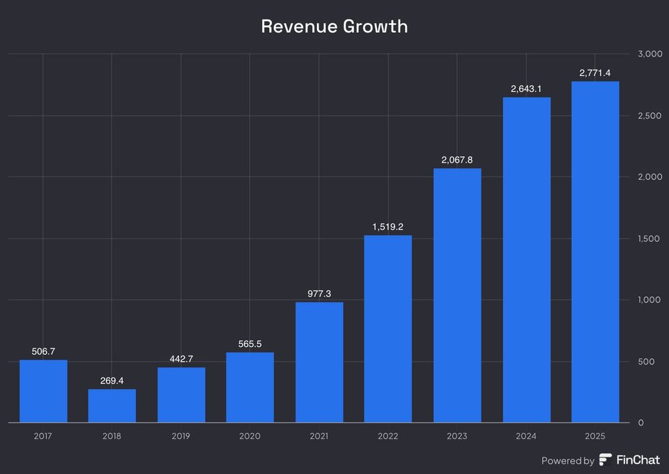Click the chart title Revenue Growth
pyautogui.click(x=334, y=26)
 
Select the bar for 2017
pyautogui.click(x=43, y=391)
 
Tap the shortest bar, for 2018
pyautogui.click(x=111, y=406)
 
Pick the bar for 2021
pyautogui.click(x=319, y=362)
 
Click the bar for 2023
pyautogui.click(x=457, y=296)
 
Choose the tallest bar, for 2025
pyautogui.click(x=595, y=252)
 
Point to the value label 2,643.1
pyautogui.click(x=526, y=88)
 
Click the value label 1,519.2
pyautogui.click(x=388, y=227)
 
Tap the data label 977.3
pyautogui.click(x=319, y=293)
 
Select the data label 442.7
pyautogui.click(x=181, y=359)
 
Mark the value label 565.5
pyautogui.click(x=250, y=344)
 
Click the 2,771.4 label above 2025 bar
pyautogui.click(x=595, y=72)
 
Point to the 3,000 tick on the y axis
pyautogui.click(x=649, y=54)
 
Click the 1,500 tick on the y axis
pyautogui.click(x=649, y=238)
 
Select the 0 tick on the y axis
pyautogui.click(x=640, y=423)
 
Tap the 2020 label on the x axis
pyautogui.click(x=250, y=436)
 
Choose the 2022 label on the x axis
pyautogui.click(x=388, y=436)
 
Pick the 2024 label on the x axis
pyautogui.click(x=526, y=436)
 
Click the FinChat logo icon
pyautogui.click(x=606, y=460)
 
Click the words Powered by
pyautogui.click(x=568, y=461)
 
